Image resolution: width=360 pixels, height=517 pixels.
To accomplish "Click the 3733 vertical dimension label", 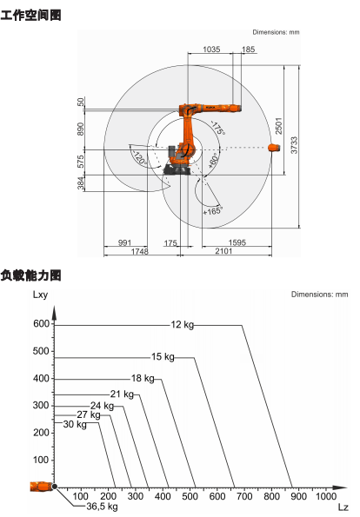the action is coord(294,145).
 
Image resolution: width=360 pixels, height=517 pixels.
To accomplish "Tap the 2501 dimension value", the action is coord(279,126).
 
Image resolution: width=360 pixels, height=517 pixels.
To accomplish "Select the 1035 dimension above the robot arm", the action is coord(211,50).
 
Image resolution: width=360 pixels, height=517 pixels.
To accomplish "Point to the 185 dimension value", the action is coord(248,50).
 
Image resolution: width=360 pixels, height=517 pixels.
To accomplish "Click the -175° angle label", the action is coord(217,128).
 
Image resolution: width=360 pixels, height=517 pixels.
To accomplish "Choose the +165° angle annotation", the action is coord(213,210).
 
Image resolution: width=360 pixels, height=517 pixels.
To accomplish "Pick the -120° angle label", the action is coord(139,158).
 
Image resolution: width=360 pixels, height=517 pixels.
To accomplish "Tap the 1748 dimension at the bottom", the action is coord(140,252).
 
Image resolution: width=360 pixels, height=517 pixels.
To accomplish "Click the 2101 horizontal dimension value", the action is coord(223,251).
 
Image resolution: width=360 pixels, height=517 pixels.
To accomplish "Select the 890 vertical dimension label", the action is coord(81,129).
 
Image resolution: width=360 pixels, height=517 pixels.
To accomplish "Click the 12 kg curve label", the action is coord(182,325).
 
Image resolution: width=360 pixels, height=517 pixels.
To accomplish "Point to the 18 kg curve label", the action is coord(143,378).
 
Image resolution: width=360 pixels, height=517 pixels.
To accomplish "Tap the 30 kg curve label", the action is coord(75,424).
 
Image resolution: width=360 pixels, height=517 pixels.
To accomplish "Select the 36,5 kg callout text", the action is coord(102,506).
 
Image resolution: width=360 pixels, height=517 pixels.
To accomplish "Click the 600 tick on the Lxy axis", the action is coord(41,324).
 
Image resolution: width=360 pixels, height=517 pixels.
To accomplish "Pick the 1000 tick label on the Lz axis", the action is coord(326,496).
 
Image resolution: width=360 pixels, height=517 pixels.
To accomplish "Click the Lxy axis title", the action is coord(40,295).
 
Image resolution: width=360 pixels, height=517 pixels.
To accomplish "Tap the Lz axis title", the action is coord(343,507).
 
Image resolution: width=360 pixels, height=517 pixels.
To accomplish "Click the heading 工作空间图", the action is coord(30,15).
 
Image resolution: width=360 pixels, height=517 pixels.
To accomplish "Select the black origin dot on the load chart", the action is coord(55,487).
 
